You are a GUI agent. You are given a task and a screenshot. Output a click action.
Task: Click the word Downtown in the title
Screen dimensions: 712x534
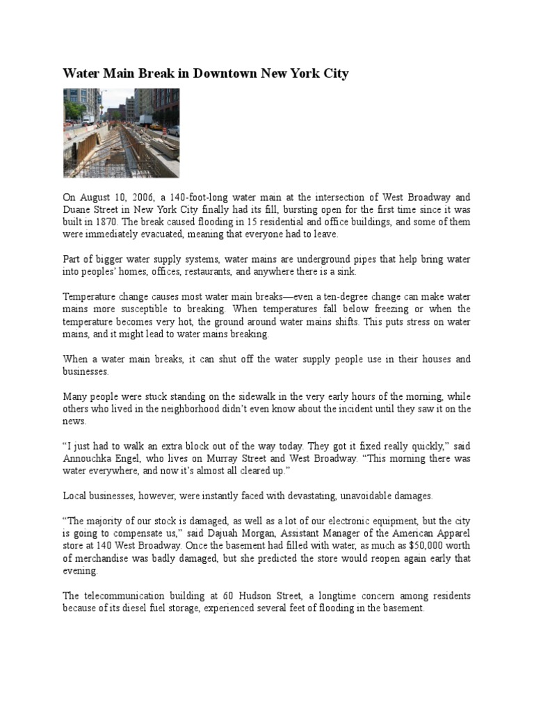point(224,73)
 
